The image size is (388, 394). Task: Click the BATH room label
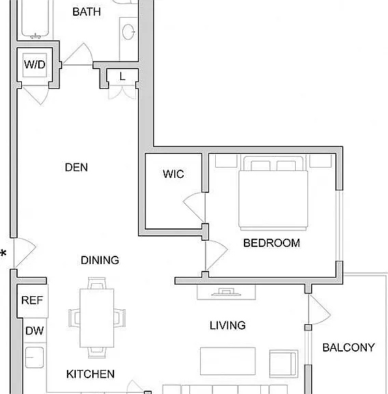pyautogui.click(x=87, y=12)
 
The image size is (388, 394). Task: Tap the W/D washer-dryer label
pyautogui.click(x=35, y=64)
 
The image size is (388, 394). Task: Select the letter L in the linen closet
pyautogui.click(x=122, y=77)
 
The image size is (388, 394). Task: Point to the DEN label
pyautogui.click(x=77, y=168)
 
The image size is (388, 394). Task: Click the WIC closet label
pyautogui.click(x=174, y=174)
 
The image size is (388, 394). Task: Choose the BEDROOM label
pyautogui.click(x=272, y=243)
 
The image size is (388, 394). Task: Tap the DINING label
pyautogui.click(x=100, y=260)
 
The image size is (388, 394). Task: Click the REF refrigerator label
pyautogui.click(x=32, y=300)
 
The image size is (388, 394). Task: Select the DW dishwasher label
pyautogui.click(x=35, y=330)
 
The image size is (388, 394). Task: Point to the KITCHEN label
pyautogui.click(x=90, y=374)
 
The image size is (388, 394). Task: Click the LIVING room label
pyautogui.click(x=227, y=326)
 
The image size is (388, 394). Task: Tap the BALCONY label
pyautogui.click(x=348, y=347)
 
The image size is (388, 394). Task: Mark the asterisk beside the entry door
pyautogui.click(x=3, y=254)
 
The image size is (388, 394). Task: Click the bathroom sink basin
pyautogui.click(x=128, y=32)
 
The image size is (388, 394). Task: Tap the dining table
pyautogui.click(x=97, y=318)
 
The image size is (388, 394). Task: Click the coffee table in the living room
pyautogui.click(x=228, y=361)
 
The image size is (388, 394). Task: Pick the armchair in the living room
pyautogui.click(x=284, y=364)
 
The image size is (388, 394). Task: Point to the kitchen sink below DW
pyautogui.click(x=34, y=358)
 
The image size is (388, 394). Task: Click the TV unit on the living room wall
pyautogui.click(x=226, y=292)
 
